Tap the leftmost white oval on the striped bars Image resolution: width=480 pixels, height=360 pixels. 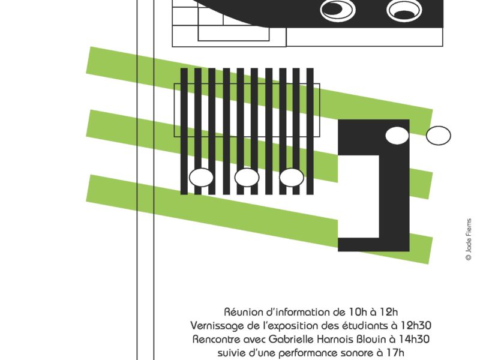click(201, 178)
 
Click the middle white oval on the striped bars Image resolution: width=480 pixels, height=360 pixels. click(247, 178)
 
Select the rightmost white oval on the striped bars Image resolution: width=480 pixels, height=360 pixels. click(292, 178)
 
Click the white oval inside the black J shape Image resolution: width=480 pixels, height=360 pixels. click(397, 136)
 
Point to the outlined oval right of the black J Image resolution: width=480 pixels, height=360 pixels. click(439, 136)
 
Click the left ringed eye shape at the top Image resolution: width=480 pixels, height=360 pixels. click(338, 10)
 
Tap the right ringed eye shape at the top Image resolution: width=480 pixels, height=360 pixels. click(404, 10)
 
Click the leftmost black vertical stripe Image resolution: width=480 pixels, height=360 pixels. click(184, 131)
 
